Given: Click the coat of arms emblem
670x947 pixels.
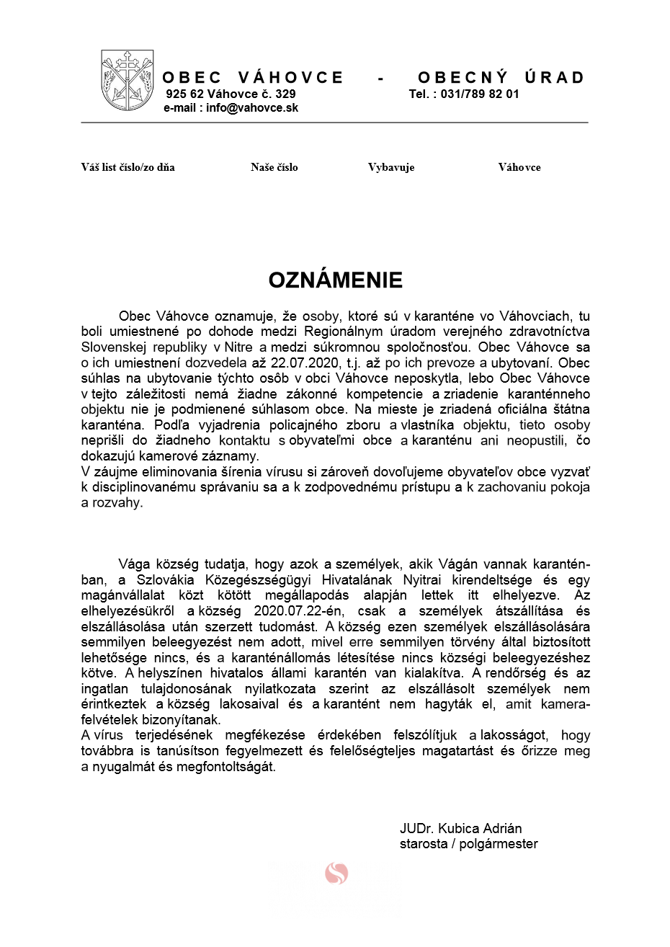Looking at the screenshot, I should (128, 80).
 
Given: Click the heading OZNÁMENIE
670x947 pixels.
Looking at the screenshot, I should (335, 280).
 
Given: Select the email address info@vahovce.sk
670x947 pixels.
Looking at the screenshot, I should (251, 108).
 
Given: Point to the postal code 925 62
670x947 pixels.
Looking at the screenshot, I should (185, 94).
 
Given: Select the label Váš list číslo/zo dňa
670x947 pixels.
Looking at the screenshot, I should (128, 167).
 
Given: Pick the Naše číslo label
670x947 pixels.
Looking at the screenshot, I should (274, 167).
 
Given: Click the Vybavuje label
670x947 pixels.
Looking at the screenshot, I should (391, 167).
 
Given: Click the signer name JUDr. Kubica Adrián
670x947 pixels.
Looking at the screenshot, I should (460, 829).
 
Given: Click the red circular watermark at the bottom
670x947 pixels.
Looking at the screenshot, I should (336, 873).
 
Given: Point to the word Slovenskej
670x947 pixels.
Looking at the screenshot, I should (112, 347).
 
